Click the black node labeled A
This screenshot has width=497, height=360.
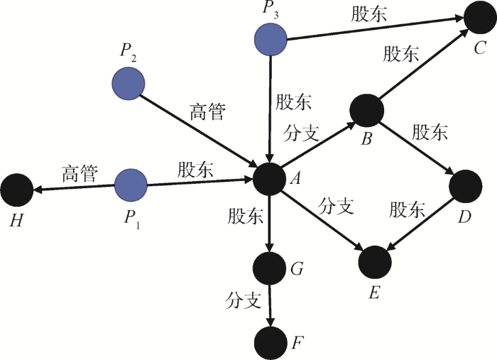click(x=270, y=179)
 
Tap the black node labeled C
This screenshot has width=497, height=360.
click(x=481, y=18)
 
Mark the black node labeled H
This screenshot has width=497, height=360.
click(x=16, y=190)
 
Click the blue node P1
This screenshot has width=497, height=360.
click(x=131, y=185)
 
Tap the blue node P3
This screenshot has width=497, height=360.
click(x=271, y=39)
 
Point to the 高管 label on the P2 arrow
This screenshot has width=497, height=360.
click(x=208, y=111)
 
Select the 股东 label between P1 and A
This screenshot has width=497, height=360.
click(x=195, y=170)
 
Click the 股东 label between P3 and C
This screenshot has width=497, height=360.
click(x=368, y=16)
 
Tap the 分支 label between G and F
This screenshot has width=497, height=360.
click(x=245, y=300)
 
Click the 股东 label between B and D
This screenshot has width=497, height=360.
click(x=430, y=132)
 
